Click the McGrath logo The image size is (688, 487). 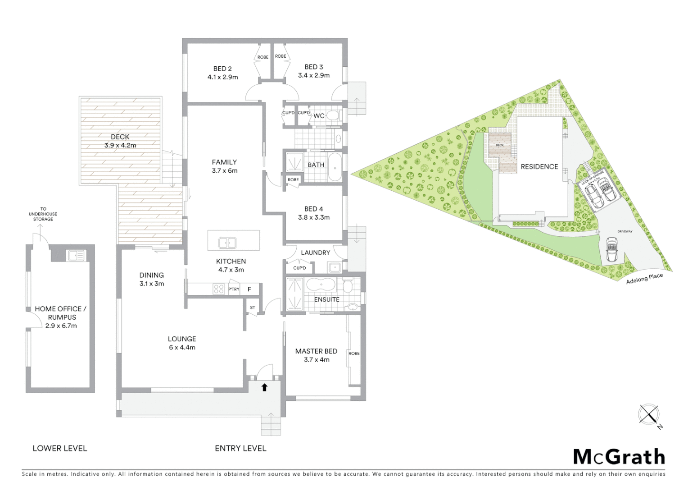[619, 457]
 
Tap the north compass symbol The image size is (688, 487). [649, 414]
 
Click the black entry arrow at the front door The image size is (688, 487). [264, 387]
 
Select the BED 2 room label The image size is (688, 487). [222, 69]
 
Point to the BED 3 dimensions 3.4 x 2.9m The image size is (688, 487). [314, 75]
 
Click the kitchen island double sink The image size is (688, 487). [227, 243]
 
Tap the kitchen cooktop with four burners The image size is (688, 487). [219, 289]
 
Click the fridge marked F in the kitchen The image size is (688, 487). [249, 289]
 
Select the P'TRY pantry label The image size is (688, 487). [234, 289]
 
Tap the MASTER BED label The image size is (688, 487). [316, 351]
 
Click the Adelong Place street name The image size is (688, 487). [644, 279]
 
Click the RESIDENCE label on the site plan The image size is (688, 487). [539, 166]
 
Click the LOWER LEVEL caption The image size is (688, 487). [59, 448]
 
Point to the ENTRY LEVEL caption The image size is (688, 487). [240, 448]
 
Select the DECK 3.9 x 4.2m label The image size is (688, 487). [120, 141]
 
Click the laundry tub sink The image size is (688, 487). [335, 267]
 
